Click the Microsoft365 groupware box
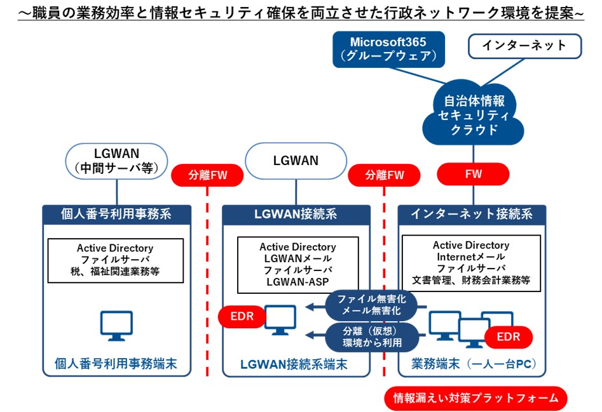click(388, 49)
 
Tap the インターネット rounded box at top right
click(524, 45)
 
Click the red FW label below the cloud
click(473, 173)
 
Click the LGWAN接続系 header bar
click(296, 213)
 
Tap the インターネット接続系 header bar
click(472, 214)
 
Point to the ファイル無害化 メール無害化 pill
click(370, 305)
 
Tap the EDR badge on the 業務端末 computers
click(508, 337)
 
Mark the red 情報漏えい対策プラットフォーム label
click(475, 398)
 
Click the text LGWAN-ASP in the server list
click(297, 281)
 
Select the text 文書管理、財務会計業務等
click(471, 279)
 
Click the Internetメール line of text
click(471, 256)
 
